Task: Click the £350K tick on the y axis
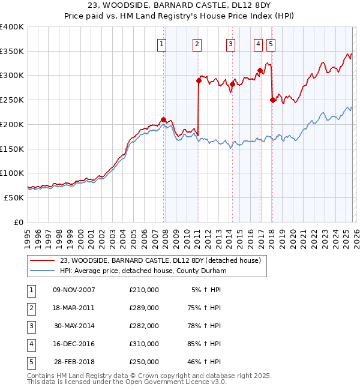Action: tap(12, 51)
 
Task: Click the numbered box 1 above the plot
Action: tap(162, 43)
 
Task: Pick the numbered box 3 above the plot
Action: tap(231, 43)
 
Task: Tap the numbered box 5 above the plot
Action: tap(271, 43)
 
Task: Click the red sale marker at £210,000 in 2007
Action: tap(163, 119)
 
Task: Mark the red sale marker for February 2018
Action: tap(273, 100)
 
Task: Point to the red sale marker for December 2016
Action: tap(260, 70)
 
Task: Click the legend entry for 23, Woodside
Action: tap(160, 260)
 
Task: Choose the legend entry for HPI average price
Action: tap(142, 271)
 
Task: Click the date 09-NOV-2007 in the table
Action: tap(74, 289)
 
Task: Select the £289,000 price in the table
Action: tap(143, 308)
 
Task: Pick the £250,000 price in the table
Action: tap(143, 362)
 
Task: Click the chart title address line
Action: tap(179, 7)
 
